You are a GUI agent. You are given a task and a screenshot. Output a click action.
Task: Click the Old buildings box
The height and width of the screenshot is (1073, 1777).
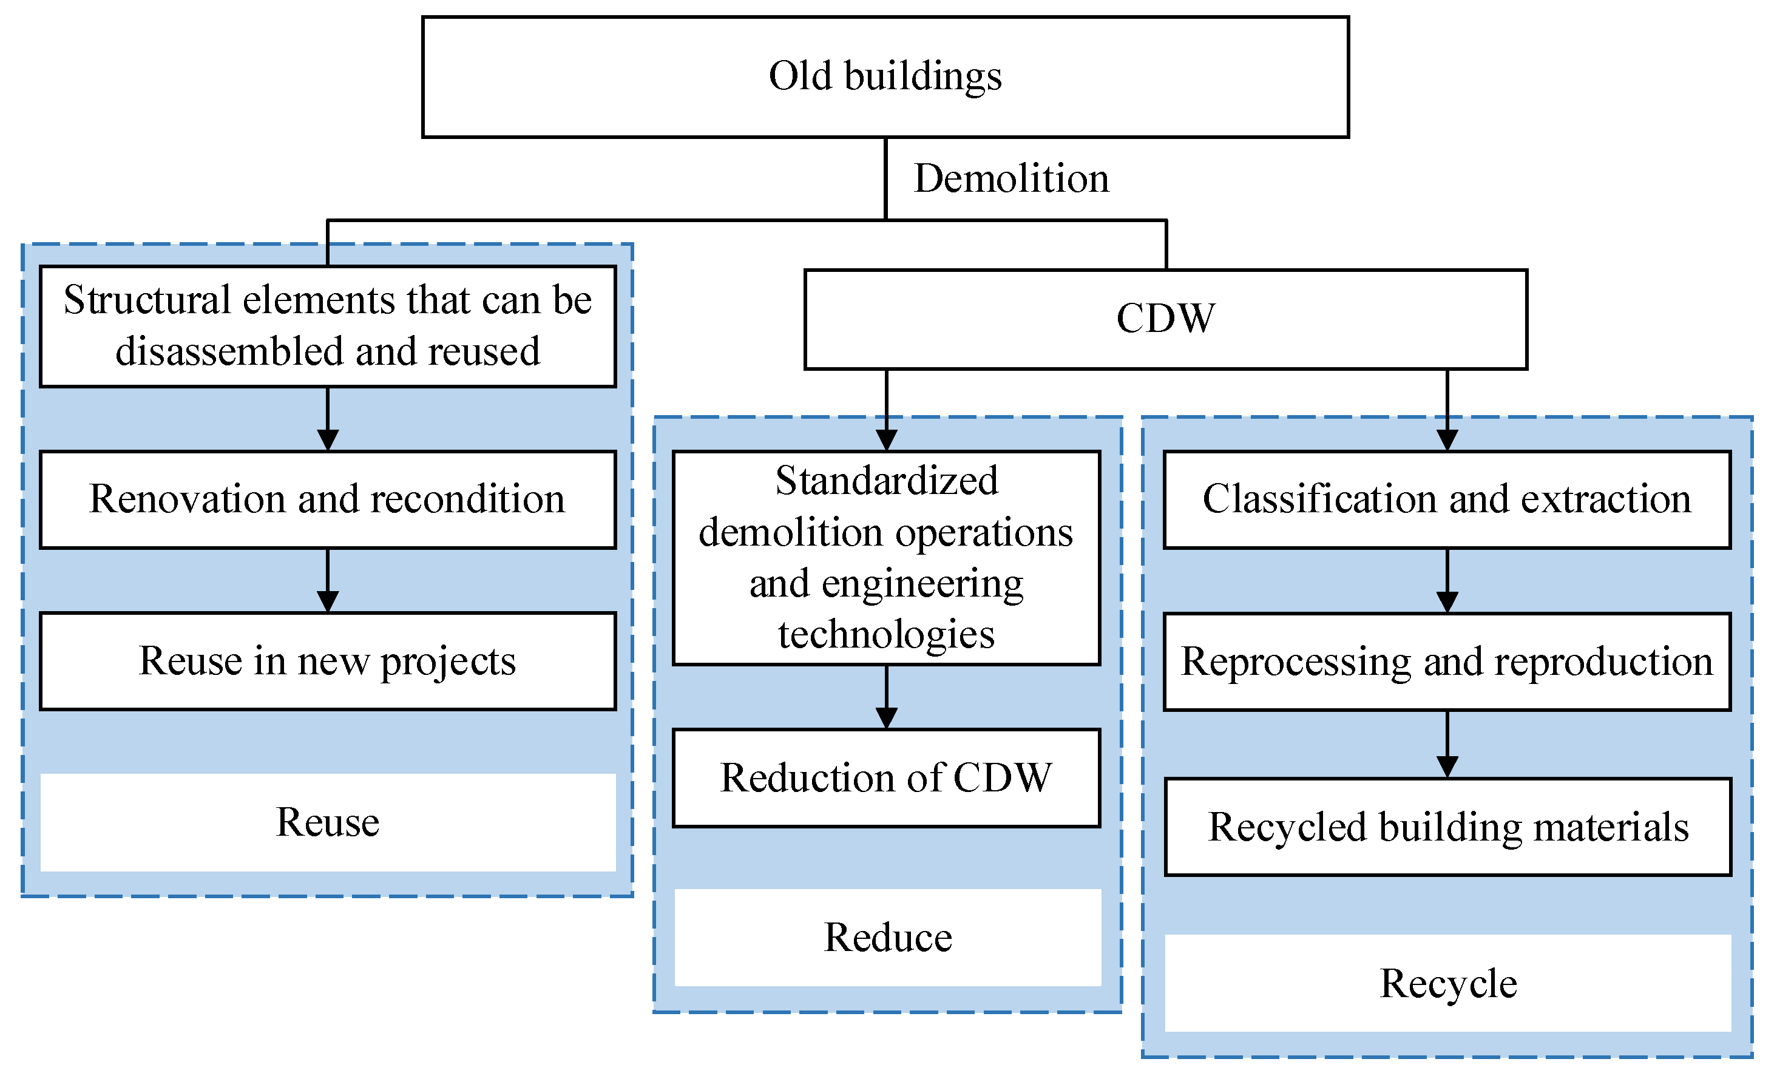pos(885,76)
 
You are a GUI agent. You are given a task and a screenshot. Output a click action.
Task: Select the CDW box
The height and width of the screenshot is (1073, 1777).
pos(1165,319)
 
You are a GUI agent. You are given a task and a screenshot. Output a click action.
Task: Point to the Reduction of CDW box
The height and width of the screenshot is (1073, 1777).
pos(885,777)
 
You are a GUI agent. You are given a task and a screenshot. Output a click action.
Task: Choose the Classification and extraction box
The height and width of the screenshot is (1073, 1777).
pos(1447,499)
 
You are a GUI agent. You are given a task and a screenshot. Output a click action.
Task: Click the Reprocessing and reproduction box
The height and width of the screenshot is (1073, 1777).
pos(1447,662)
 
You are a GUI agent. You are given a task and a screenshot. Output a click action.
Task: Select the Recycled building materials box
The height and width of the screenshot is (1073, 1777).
pos(1448,827)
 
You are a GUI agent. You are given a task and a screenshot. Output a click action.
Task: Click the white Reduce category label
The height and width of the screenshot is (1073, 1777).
pos(888,938)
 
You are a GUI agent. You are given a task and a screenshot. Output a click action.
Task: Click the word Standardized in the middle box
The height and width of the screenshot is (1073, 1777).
pos(886,481)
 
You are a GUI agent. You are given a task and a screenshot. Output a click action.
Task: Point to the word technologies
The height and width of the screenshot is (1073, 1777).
pos(886,635)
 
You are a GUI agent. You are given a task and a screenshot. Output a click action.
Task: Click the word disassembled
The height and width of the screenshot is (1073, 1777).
pos(229,352)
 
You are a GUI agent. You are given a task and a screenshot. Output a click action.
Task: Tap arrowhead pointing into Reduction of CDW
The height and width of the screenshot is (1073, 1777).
pos(886,717)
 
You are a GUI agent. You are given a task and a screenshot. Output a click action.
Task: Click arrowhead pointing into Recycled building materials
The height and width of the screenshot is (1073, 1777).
pos(1447,766)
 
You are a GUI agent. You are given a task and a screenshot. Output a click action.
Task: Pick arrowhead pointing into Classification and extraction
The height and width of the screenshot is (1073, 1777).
pos(1447,440)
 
